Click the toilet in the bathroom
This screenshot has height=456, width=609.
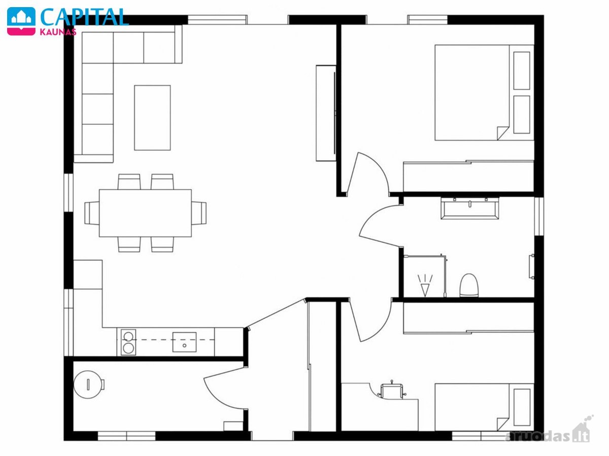[x=469, y=286]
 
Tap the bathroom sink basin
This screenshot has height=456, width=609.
[x=470, y=208]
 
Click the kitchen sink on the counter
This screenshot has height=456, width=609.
[x=184, y=342]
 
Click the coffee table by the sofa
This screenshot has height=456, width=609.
[x=152, y=118]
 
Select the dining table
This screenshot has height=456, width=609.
[x=145, y=213]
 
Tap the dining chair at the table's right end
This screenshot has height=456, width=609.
[x=199, y=213]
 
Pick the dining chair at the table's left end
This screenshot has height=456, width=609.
[x=92, y=213]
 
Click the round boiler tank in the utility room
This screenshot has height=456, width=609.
[x=89, y=384]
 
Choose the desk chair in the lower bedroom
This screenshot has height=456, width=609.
[x=391, y=389]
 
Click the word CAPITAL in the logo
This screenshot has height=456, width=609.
[x=84, y=17]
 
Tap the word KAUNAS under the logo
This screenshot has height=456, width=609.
[x=58, y=32]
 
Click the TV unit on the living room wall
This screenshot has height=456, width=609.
[x=326, y=113]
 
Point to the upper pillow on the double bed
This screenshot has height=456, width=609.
[x=522, y=71]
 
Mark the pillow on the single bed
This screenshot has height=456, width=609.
[x=522, y=407]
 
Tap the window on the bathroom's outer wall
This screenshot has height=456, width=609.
[x=539, y=216]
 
